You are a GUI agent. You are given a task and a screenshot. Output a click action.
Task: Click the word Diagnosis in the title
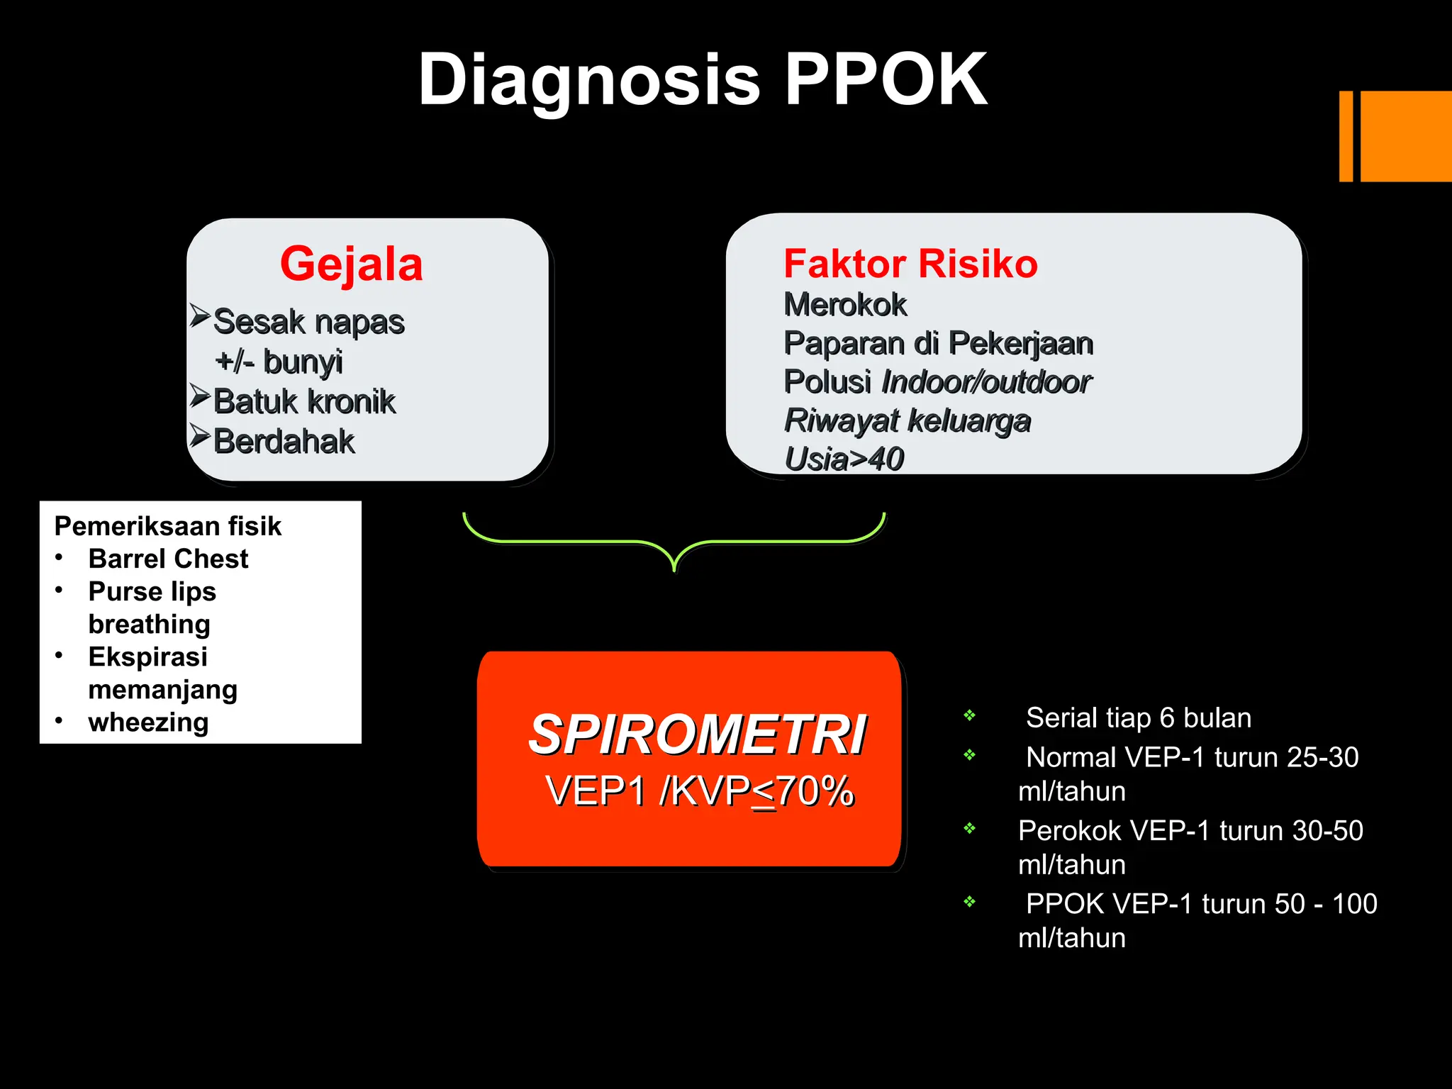click(x=588, y=79)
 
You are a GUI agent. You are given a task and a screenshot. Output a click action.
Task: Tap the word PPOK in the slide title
click(x=886, y=79)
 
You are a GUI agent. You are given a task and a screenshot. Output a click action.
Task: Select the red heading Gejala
click(x=351, y=264)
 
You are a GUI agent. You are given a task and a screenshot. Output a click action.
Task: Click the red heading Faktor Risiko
click(x=910, y=264)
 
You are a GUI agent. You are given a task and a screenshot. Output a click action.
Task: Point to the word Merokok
click(x=844, y=305)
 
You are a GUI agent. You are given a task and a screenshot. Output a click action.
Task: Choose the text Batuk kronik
click(x=304, y=401)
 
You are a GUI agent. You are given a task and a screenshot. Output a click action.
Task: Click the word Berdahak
click(x=284, y=441)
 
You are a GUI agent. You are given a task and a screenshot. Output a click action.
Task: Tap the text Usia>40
click(x=844, y=459)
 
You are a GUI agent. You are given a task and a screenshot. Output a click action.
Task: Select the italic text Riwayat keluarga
click(x=907, y=420)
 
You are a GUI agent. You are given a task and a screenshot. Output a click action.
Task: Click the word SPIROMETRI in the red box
click(x=697, y=735)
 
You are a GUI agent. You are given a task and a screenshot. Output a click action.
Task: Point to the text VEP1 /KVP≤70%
click(x=699, y=791)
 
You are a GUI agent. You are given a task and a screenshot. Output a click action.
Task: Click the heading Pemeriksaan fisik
click(x=167, y=526)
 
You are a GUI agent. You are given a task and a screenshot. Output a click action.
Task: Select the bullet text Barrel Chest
click(x=168, y=559)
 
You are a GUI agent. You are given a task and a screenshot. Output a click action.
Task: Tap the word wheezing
click(x=148, y=722)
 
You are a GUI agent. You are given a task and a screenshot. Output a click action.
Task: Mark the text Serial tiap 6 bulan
click(x=1138, y=717)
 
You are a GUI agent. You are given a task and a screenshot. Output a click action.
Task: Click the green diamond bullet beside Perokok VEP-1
click(x=969, y=828)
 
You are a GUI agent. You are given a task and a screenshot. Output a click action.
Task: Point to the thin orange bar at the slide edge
click(x=1346, y=136)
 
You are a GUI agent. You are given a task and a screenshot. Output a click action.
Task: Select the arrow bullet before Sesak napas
click(x=200, y=315)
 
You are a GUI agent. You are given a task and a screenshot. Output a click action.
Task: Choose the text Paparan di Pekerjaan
click(x=938, y=343)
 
